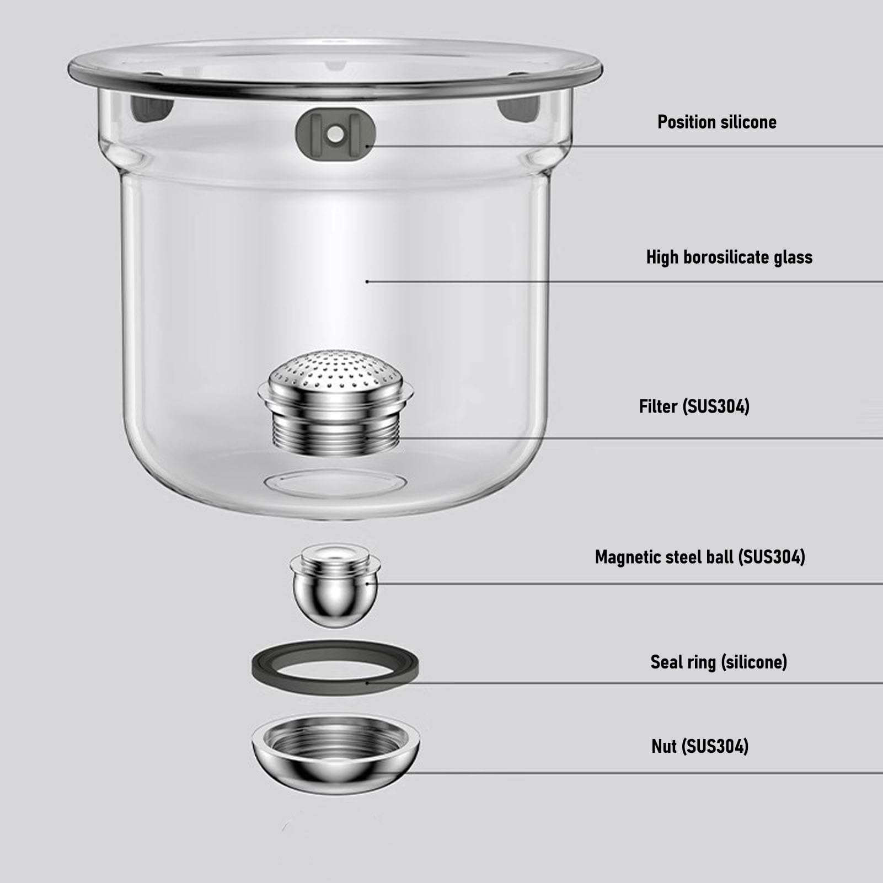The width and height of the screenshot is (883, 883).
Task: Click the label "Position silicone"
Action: pos(716,122)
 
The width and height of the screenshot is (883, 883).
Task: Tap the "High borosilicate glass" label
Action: pos(729,257)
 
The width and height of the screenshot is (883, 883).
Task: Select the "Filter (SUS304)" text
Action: pos(694,406)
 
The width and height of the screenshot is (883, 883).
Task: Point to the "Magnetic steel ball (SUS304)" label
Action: pos(700,557)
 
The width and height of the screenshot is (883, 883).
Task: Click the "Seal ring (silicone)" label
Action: pos(719,662)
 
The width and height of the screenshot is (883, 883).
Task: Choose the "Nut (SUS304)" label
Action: pos(700,746)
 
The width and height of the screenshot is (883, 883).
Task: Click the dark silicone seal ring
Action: pos(335,682)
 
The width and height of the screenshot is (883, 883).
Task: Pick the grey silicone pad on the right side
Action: pos(518,108)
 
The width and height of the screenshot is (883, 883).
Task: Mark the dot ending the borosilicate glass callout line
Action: pos(367,282)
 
